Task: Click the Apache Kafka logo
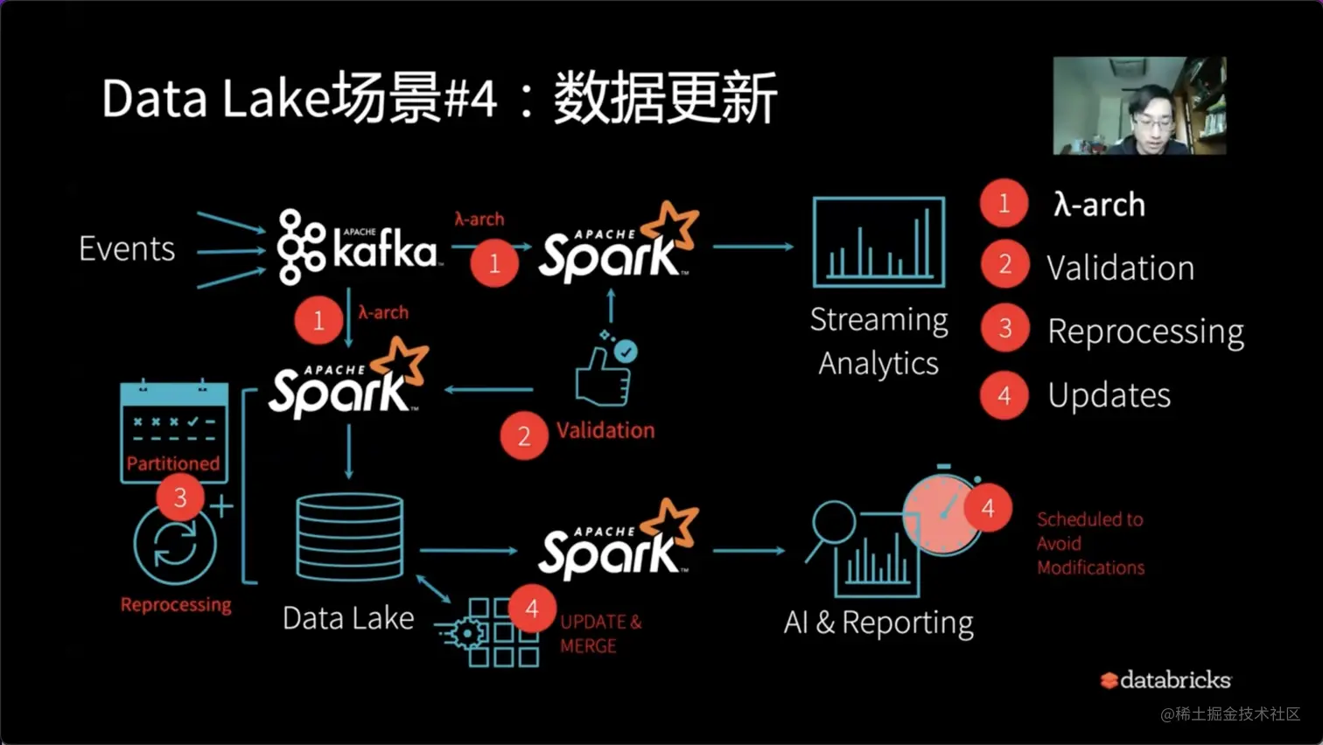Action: click(357, 247)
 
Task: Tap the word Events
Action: click(127, 249)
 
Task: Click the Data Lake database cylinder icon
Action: click(350, 537)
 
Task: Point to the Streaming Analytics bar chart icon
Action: click(878, 243)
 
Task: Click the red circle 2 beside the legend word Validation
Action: click(1004, 266)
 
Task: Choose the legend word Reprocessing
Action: click(1145, 331)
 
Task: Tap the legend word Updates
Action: click(1109, 395)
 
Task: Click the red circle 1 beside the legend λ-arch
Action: click(1004, 203)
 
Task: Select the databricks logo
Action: click(1165, 680)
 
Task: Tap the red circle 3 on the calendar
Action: click(180, 497)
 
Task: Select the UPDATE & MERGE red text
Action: click(600, 634)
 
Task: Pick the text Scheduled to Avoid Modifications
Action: click(1090, 543)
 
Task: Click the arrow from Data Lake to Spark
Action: click(470, 550)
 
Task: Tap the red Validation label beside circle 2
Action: click(605, 430)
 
